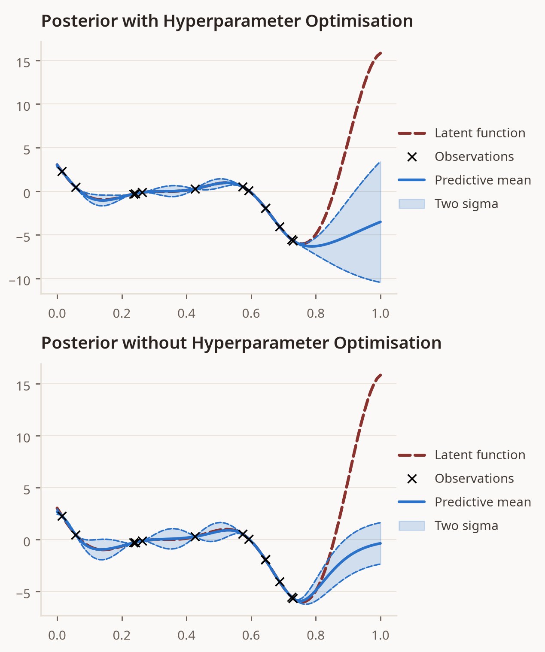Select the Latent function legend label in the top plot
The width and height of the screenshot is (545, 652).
pos(480,133)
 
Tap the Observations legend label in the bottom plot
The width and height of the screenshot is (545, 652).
pos(474,479)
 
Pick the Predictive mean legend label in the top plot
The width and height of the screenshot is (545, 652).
pos(483,180)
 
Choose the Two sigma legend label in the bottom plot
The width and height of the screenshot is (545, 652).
pos(466,526)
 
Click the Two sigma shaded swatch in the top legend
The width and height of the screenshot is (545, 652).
pos(412,203)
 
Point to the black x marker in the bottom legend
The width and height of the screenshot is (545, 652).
pos(412,479)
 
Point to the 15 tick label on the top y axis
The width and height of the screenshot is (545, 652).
pos(23,63)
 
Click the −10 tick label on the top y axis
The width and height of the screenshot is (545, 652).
pos(20,281)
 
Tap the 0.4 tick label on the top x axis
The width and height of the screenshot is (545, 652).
pos(186,313)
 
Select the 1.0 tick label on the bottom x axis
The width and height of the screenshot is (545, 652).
pos(381,635)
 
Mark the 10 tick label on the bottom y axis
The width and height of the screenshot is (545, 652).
pos(23,438)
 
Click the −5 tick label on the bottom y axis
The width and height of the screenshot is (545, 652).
pos(23,593)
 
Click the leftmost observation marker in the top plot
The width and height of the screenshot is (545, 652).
pos(62,171)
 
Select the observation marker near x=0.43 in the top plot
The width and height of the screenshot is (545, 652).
pos(195,189)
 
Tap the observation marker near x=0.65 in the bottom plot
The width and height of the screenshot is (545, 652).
pos(265,560)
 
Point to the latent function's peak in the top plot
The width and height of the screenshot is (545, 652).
pos(381,53)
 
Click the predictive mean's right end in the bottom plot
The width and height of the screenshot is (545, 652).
pos(381,543)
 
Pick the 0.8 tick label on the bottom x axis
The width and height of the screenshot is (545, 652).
pos(316,635)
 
